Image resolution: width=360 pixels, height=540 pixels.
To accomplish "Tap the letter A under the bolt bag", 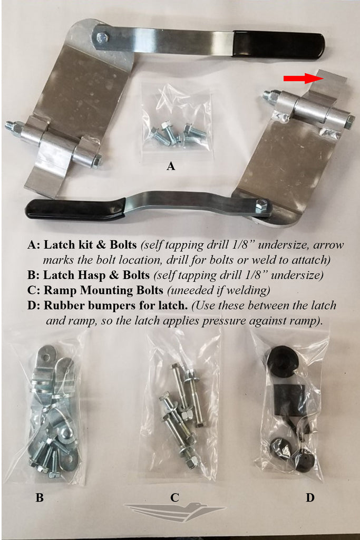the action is pos(171,166).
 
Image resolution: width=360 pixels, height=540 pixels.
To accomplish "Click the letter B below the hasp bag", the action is pos(40,498).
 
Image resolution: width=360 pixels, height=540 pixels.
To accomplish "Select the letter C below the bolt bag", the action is pos(174,497).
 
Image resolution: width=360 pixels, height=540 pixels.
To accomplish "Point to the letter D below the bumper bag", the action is pos(310,498).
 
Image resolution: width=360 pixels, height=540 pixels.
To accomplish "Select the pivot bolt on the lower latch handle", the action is pos(261,206).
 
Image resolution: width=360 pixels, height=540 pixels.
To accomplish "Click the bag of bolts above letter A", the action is pos(178,118).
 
